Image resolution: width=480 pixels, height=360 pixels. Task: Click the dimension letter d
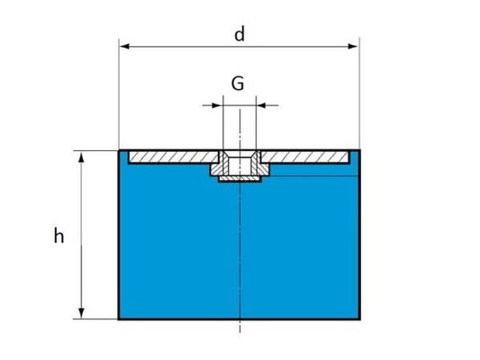click(x=240, y=34)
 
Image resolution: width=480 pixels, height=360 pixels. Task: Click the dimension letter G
click(x=238, y=84)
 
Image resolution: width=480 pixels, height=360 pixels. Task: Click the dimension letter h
click(x=59, y=236)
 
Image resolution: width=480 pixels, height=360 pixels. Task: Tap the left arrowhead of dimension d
click(x=124, y=47)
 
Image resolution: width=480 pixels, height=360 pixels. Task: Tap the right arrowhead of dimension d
click(x=353, y=47)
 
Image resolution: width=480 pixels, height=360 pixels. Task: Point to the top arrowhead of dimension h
click(x=81, y=157)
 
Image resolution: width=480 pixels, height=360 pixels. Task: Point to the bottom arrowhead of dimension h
click(x=81, y=313)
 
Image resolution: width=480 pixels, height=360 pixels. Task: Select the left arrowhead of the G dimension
click(x=217, y=105)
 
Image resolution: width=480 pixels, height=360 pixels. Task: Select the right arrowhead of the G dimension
click(x=262, y=105)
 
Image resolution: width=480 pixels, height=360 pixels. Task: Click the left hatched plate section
click(x=173, y=157)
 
